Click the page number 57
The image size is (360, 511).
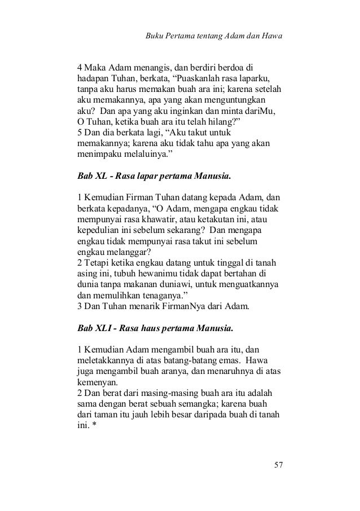(278, 465)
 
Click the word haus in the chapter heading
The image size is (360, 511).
(156, 327)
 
